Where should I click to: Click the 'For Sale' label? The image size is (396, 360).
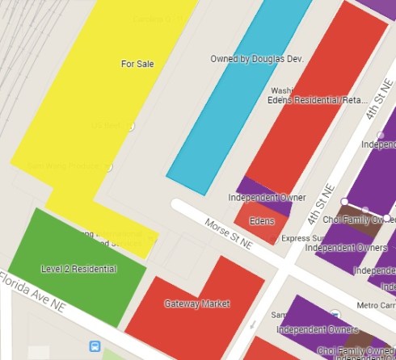coord(137,64)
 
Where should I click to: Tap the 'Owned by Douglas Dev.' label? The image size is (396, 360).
coord(256,59)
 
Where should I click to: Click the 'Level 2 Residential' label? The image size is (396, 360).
coord(78,269)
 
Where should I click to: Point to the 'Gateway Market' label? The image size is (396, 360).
coord(197,304)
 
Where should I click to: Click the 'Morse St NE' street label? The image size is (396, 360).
coord(229,235)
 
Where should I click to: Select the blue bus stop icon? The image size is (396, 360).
coord(95,346)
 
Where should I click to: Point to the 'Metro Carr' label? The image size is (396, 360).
coord(373,305)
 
